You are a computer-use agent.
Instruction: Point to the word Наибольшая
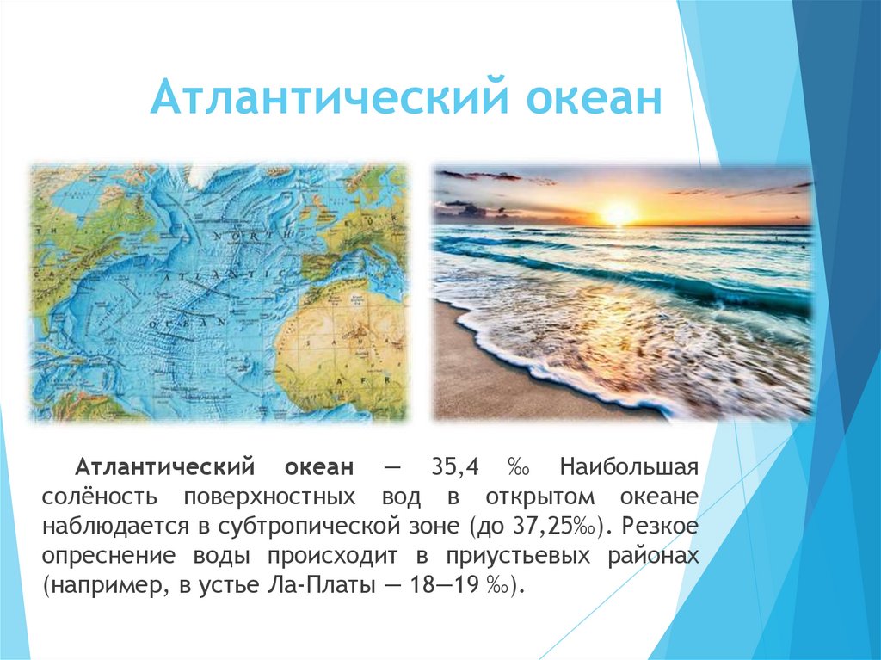(628, 468)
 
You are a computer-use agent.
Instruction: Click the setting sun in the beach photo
(617, 212)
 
